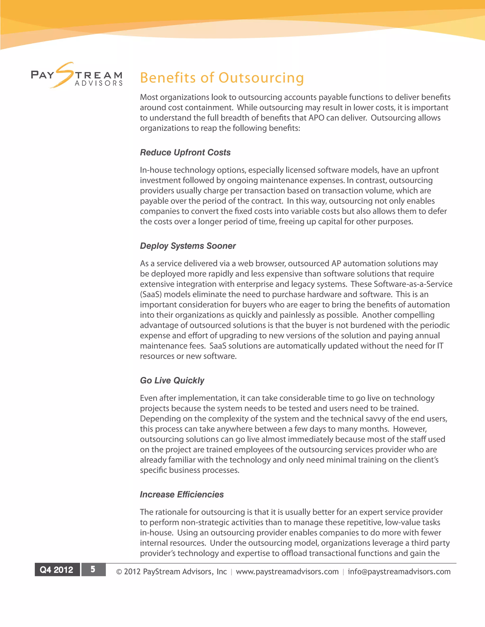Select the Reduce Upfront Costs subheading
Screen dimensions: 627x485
(185, 152)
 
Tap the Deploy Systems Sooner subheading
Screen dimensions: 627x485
(188, 246)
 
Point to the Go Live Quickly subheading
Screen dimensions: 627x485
(172, 380)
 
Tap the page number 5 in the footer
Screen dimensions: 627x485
(93, 569)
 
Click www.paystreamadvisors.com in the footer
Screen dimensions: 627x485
(287, 572)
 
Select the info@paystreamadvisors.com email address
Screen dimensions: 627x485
(399, 572)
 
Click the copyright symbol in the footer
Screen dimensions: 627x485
(119, 572)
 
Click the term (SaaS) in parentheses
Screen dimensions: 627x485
(151, 295)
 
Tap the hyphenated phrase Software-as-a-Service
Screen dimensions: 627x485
(413, 284)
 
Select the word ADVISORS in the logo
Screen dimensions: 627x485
(99, 84)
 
